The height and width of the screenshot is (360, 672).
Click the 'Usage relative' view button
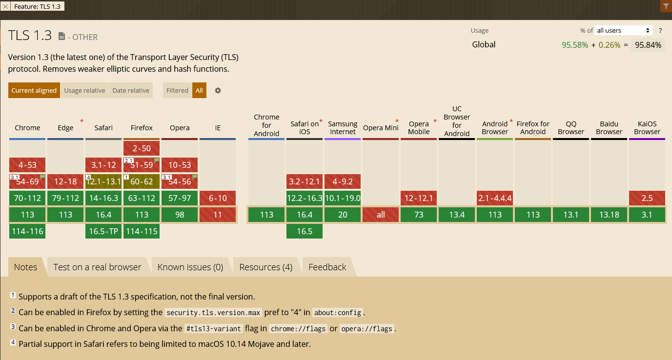coord(84,90)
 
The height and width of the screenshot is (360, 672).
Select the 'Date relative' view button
coord(131,90)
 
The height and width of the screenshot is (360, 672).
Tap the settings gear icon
coord(218,90)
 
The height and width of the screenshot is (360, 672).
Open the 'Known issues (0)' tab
coord(190,267)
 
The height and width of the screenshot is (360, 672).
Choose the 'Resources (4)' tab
coord(266,267)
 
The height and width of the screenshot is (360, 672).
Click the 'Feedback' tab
coord(327,267)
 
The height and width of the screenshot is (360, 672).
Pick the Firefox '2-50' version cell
coord(142,148)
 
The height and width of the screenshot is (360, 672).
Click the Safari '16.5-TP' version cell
coord(103,231)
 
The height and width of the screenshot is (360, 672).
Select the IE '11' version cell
coord(218,215)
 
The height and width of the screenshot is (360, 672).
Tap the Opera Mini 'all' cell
coord(381,215)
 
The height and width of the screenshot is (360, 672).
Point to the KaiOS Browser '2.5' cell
coord(647,198)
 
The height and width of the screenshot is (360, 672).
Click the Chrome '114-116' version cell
coord(27,231)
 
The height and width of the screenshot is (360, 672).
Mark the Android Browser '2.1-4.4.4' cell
coord(495,198)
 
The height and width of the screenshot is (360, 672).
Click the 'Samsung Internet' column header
coord(343,128)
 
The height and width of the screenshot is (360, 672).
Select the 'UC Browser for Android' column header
coord(457,121)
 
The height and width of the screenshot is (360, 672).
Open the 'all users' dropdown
coord(624,30)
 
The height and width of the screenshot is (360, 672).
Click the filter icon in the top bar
coord(666,6)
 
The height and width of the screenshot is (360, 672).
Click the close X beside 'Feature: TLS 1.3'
coord(5,6)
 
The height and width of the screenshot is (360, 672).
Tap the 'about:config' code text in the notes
coord(338,312)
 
